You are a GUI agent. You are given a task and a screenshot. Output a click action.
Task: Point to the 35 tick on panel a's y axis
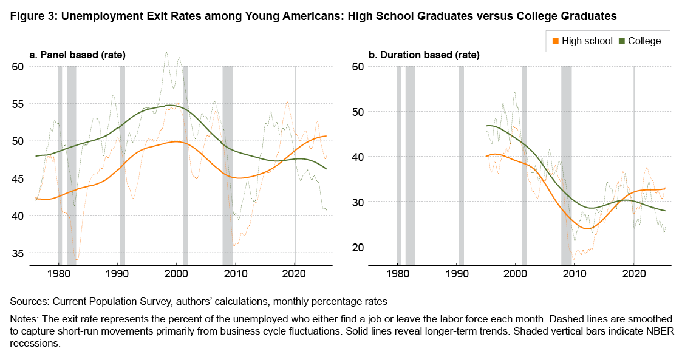[19, 253]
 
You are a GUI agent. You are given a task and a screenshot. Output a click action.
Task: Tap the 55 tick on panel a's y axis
[19, 104]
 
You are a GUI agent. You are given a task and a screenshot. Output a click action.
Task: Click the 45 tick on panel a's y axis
[19, 178]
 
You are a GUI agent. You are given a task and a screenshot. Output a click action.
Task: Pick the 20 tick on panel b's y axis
[358, 246]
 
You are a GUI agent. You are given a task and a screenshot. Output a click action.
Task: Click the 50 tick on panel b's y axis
[358, 112]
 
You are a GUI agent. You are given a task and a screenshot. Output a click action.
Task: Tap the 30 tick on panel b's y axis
[358, 202]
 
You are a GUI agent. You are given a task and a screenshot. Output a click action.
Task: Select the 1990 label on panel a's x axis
[118, 274]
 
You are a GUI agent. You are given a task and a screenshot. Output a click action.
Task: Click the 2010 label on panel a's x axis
[236, 274]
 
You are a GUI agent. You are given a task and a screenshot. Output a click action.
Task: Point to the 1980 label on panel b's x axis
[398, 274]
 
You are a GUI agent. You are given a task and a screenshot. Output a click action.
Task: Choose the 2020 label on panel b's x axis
[633, 274]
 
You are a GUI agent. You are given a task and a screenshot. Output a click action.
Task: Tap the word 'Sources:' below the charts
[28, 301]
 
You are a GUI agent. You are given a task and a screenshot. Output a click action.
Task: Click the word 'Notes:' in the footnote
[26, 319]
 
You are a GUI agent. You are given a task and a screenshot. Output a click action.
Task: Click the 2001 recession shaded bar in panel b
[524, 164]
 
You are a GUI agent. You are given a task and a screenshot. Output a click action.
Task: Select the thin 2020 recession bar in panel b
[634, 164]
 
